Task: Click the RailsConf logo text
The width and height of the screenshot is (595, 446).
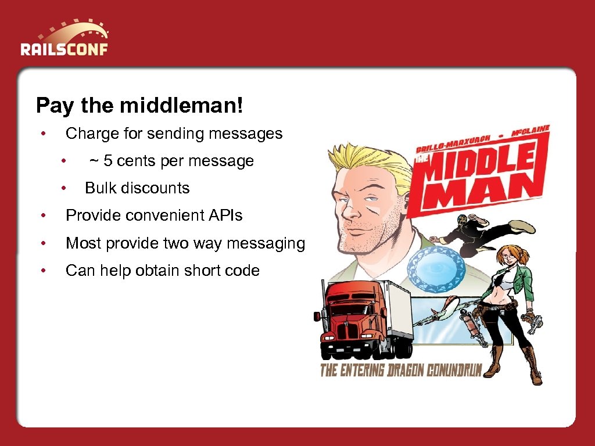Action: pyautogui.click(x=64, y=48)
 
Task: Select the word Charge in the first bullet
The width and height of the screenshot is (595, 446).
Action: pyautogui.click(x=92, y=134)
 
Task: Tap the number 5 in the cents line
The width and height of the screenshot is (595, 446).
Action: pyautogui.click(x=108, y=161)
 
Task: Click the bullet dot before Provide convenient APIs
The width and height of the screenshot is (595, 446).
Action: pyautogui.click(x=43, y=215)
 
